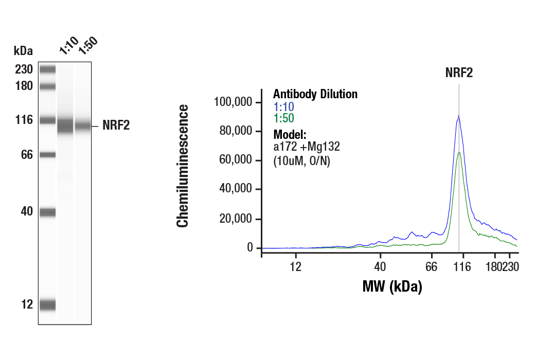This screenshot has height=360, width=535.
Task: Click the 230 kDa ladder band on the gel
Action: [x=47, y=69]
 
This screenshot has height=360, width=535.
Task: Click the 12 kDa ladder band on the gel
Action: [x=47, y=304]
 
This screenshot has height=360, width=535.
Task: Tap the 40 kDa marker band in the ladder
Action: [x=47, y=211]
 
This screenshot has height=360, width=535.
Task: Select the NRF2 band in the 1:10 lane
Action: [x=65, y=126]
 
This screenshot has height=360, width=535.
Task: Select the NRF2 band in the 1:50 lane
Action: [x=83, y=126]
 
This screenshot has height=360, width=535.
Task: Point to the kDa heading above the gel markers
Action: [x=23, y=51]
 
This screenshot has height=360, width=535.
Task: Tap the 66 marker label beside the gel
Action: [x=26, y=154]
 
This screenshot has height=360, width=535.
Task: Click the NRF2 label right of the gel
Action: [x=116, y=126]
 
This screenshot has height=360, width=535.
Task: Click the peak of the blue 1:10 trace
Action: [x=458, y=116]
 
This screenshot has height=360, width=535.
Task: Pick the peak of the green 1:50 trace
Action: [x=459, y=152]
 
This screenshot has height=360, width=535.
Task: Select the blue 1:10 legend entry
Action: [x=283, y=106]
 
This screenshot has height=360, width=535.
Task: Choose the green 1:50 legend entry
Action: [x=283, y=118]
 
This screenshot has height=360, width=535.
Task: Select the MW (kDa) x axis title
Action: [x=392, y=286]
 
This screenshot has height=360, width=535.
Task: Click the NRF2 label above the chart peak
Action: [x=459, y=73]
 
